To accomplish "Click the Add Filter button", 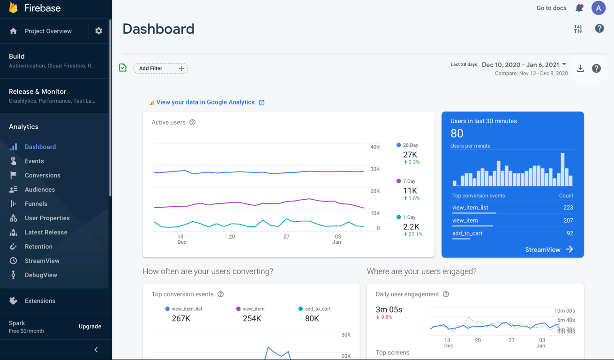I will click(160, 68).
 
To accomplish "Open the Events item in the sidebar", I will click(34, 161).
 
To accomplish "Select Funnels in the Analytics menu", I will click(36, 204).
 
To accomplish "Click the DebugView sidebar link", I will click(41, 275).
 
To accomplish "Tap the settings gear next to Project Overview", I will click(98, 31).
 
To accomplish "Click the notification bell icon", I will click(579, 8).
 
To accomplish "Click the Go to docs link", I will click(551, 8).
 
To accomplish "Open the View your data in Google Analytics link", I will click(205, 102).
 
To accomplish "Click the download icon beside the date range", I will click(580, 68).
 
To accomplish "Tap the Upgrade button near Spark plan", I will click(90, 326).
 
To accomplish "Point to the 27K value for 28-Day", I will click(410, 155).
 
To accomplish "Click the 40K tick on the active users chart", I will click(375, 147).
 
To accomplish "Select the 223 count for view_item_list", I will click(568, 208).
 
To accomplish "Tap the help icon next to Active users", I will click(192, 122).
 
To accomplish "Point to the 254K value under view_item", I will click(252, 319).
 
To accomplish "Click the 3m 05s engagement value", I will click(389, 309).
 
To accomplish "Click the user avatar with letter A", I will click(599, 8).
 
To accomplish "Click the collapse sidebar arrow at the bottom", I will click(96, 350).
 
